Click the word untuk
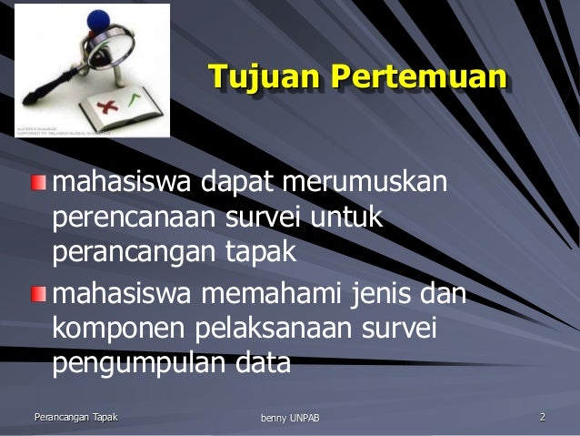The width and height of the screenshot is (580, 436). click(349, 218)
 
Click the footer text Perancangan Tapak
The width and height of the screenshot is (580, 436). click(75, 418)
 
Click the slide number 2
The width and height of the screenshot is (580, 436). click(542, 418)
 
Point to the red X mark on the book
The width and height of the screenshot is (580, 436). click(116, 106)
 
